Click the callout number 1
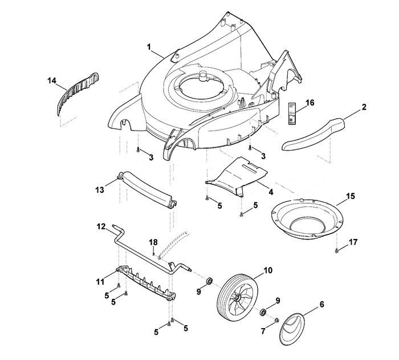click(149, 47)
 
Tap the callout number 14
click(52, 80)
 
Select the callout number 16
click(310, 103)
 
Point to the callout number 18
click(153, 242)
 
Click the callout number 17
click(353, 242)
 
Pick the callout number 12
click(101, 226)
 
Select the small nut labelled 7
click(277, 320)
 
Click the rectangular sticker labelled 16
click(292, 114)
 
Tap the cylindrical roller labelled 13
click(147, 189)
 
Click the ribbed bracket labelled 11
click(146, 284)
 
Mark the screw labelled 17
click(337, 251)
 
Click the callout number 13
click(100, 190)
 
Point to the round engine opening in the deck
click(201, 88)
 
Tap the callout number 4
click(271, 192)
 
